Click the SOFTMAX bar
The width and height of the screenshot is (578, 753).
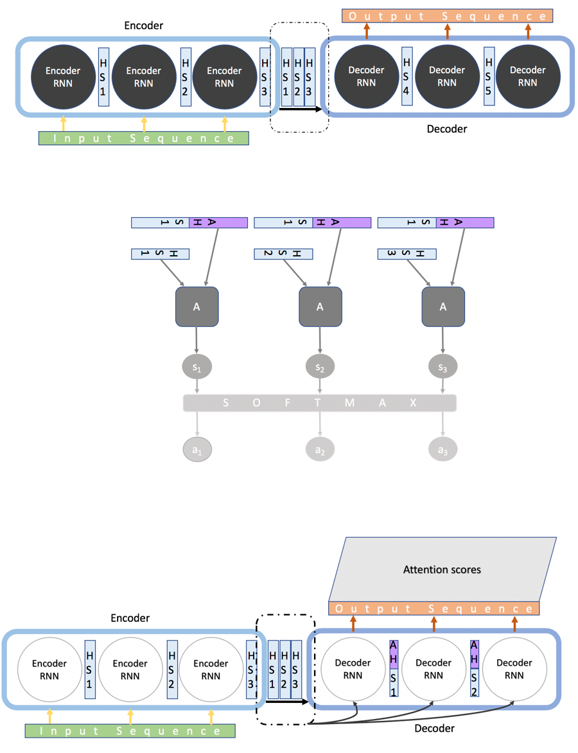pos(320,403)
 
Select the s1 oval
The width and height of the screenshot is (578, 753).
pos(197,368)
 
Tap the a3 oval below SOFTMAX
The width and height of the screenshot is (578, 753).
pos(442,450)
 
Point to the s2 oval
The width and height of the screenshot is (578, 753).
pos(320,368)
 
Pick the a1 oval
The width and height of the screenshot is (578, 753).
pos(197,450)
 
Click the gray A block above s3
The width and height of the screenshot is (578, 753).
pos(442,307)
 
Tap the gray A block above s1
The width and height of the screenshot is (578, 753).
pos(197,307)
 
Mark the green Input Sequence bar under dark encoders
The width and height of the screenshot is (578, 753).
pos(143,138)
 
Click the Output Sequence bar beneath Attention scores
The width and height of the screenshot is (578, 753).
pos(434,609)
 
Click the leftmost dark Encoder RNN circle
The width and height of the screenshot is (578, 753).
pos(63,77)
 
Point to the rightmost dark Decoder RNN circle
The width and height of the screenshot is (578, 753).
pos(528,76)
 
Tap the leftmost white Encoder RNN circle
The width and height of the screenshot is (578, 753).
pos(49,669)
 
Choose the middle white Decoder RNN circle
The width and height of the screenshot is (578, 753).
pos(433,669)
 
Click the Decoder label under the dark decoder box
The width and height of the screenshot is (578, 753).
pos(447,128)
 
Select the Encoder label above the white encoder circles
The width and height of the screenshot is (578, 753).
pos(130,618)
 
